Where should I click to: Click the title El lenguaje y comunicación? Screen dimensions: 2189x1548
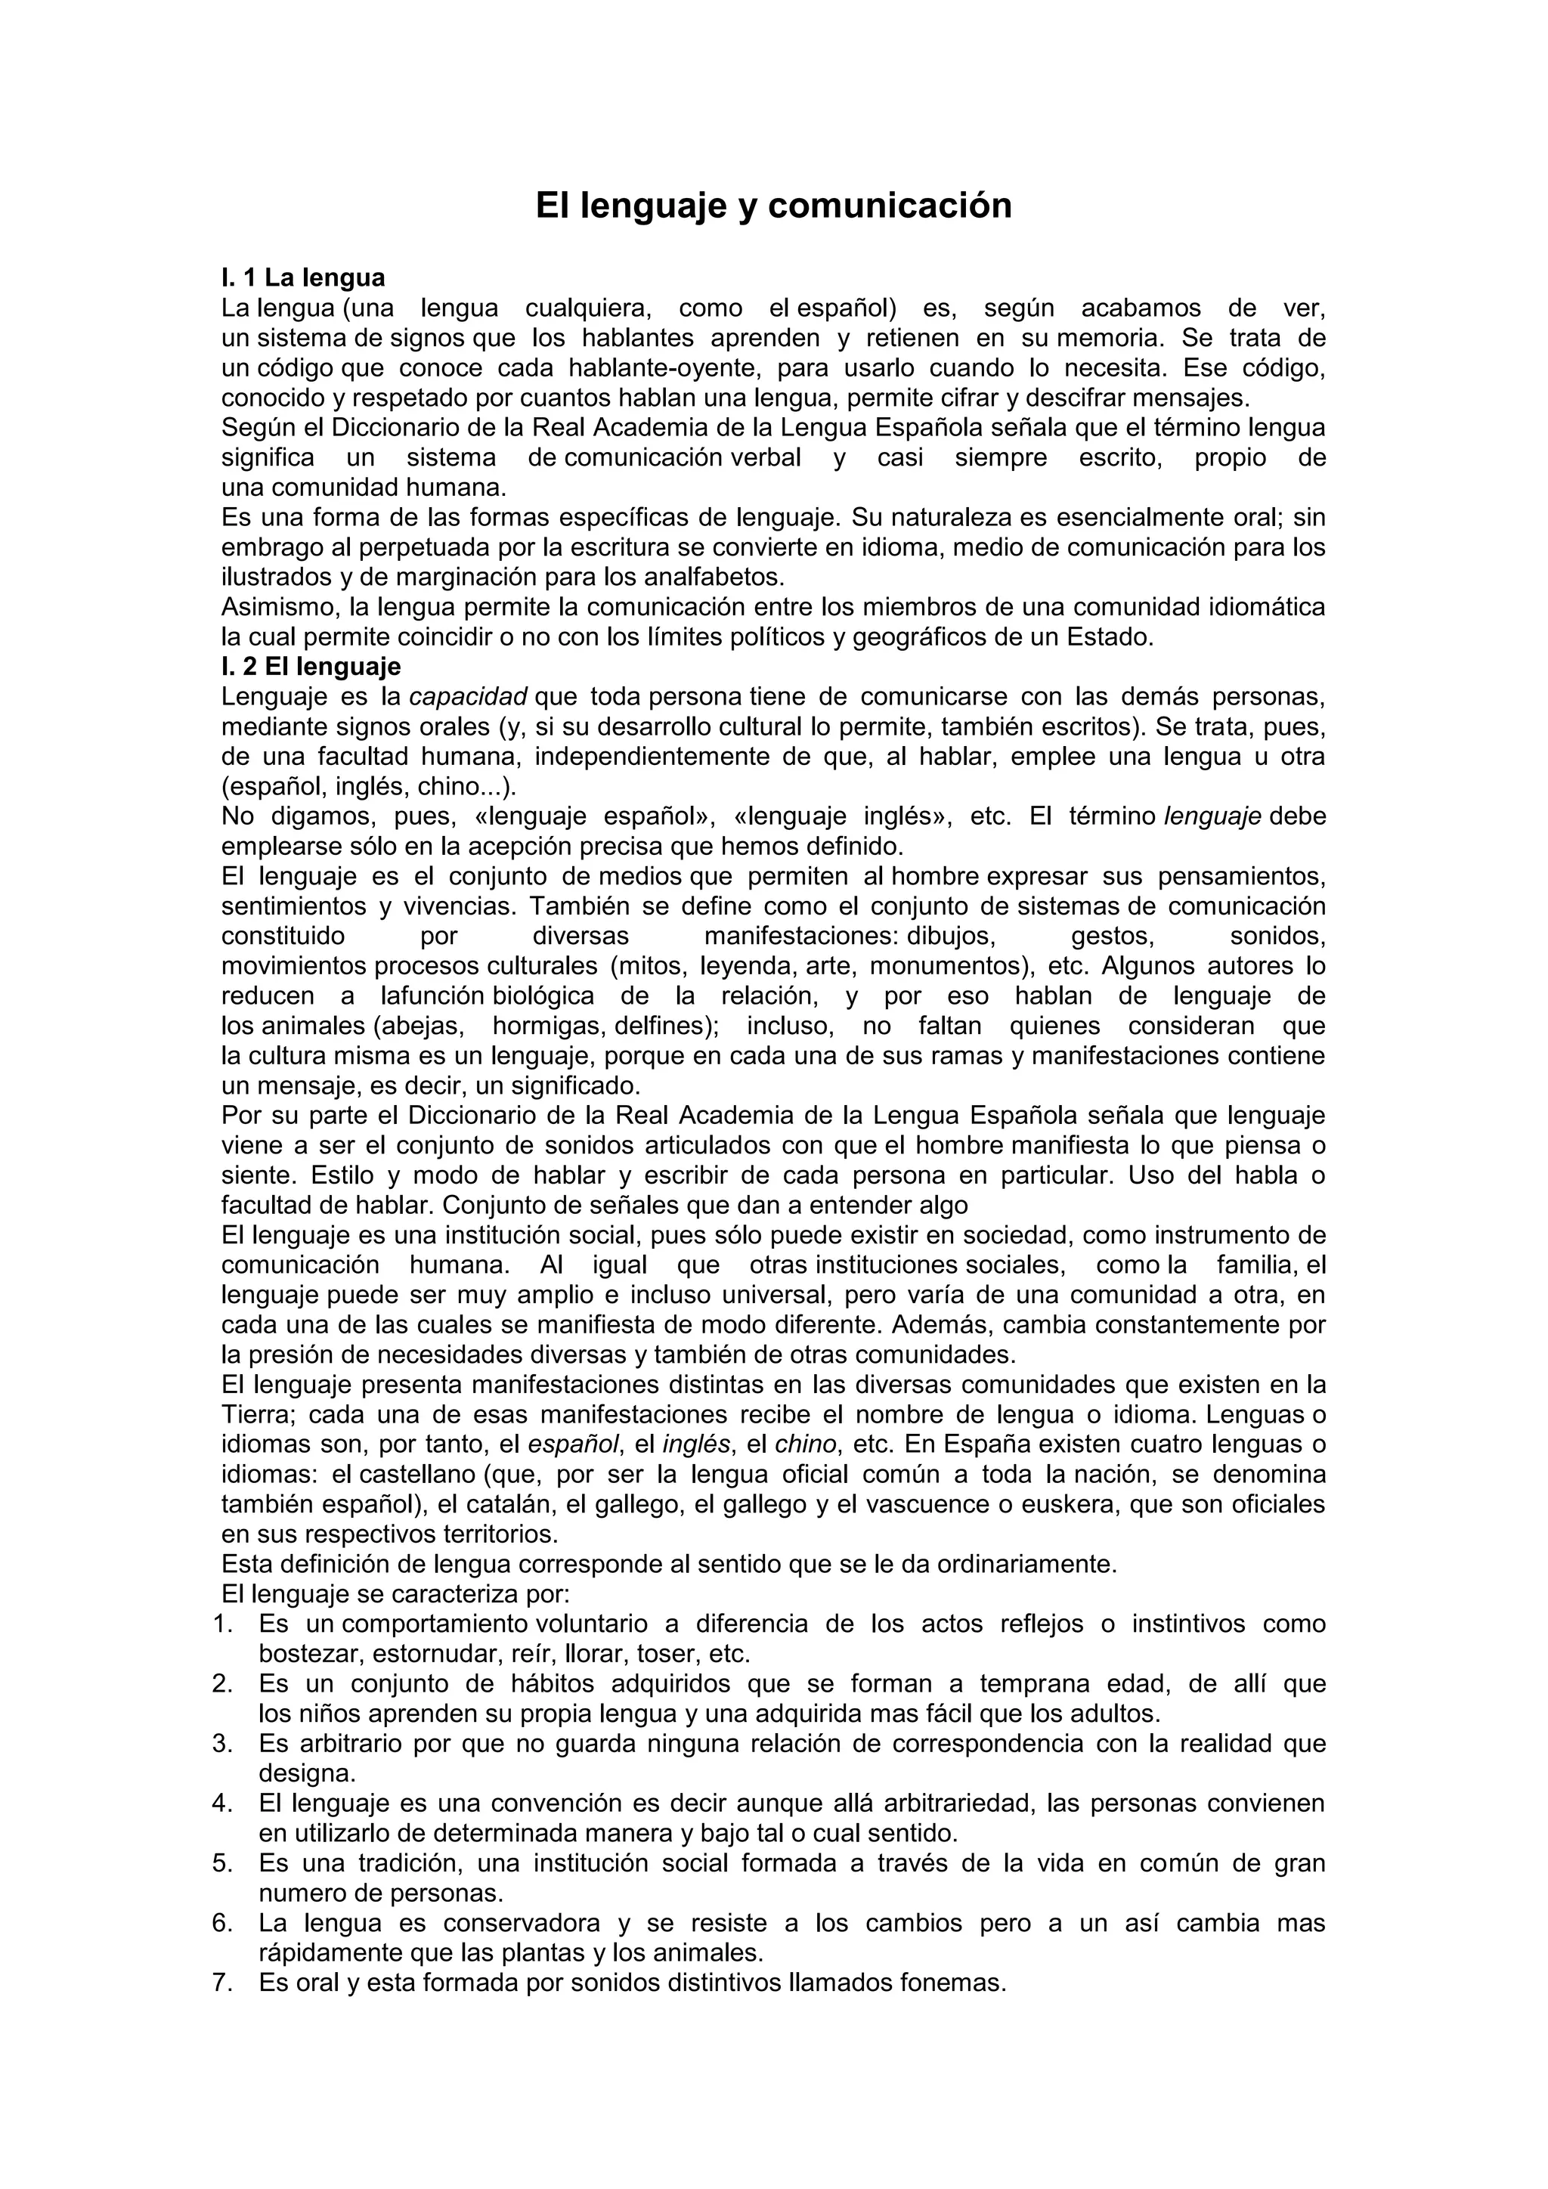[773, 206]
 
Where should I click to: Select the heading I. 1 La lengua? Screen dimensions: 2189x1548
[303, 277]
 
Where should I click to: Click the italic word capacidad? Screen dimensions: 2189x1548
[468, 696]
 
